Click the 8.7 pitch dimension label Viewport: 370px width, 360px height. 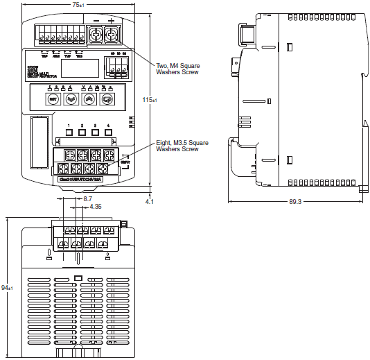[87, 198]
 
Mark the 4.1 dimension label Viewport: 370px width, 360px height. [150, 201]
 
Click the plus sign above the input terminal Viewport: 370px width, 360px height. [111, 21]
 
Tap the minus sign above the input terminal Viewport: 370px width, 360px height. [96, 21]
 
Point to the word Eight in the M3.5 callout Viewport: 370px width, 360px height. [164, 142]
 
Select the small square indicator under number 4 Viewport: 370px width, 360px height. [107, 134]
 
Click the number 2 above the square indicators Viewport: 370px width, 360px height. [82, 126]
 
